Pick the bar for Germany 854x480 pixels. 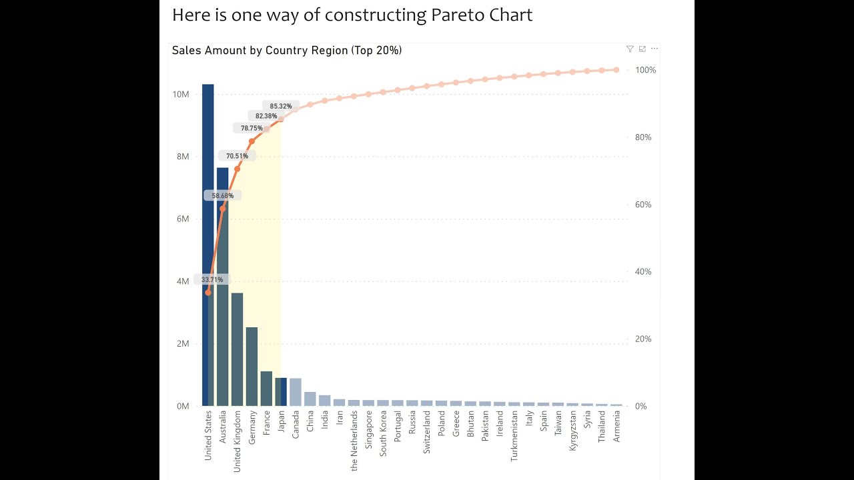pos(252,367)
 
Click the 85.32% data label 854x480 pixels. pos(281,106)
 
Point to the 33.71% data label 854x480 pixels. pos(212,279)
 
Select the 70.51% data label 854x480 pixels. pos(237,156)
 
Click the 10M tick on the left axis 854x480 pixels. pos(181,94)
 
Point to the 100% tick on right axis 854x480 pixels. pos(645,70)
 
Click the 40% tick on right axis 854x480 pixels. pos(643,272)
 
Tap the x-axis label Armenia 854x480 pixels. pos(617,427)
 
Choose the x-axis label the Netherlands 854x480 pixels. pos(354,440)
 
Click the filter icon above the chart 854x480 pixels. pos(630,49)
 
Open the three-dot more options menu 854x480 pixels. pos(655,49)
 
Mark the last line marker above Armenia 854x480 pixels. pos(616,70)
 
